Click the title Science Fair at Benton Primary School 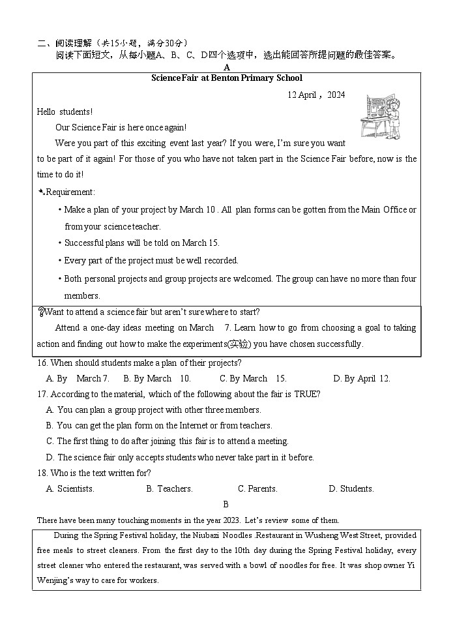[x=226, y=78]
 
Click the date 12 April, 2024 [x=316, y=95]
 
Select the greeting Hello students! [x=65, y=112]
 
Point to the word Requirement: [x=70, y=192]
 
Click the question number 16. [x=42, y=363]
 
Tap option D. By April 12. [x=361, y=379]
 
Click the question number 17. [x=42, y=395]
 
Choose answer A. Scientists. [x=70, y=489]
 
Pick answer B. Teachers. [x=169, y=489]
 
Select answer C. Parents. [x=257, y=489]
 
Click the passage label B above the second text [x=226, y=505]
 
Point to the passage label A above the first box [x=226, y=67]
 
